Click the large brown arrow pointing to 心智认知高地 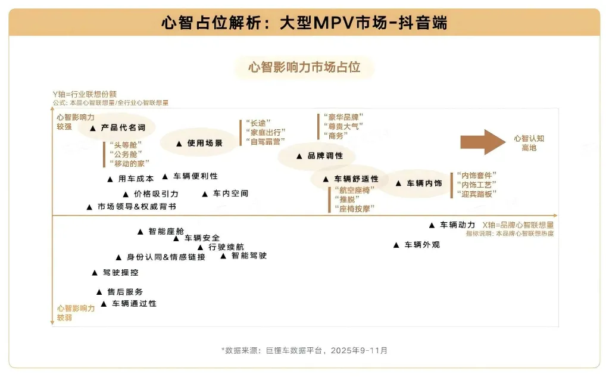coord(482,142)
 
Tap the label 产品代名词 coord(123,127)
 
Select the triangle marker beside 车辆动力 coord(432,225)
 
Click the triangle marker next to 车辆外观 coord(396,245)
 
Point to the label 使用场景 coord(205,144)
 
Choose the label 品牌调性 coord(325,156)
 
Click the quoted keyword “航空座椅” coord(355,189)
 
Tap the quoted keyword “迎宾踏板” coord(476,194)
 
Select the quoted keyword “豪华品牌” coord(342,117)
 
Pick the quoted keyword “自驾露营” coord(265,141)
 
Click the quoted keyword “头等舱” coord(126,144)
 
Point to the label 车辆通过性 coord(134,304)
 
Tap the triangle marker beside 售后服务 coord(99,292)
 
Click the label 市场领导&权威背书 coord(136,207)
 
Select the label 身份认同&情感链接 coord(165,257)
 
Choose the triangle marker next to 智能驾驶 coord(223,256)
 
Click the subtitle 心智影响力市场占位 coord(304,67)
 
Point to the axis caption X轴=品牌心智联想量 coord(518,225)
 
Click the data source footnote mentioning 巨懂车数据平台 coord(304,350)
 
